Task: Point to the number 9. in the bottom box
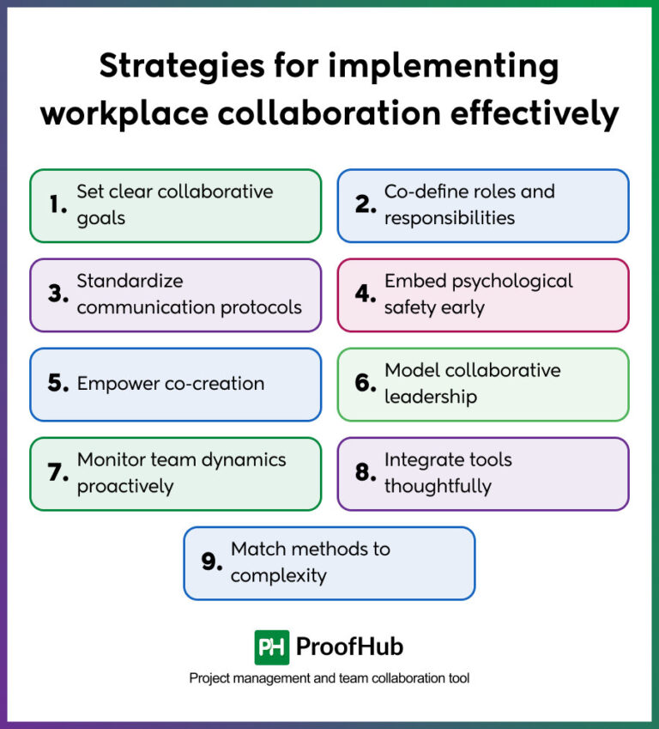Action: click(x=212, y=562)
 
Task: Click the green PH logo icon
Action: click(x=271, y=647)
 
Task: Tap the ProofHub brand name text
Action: click(x=349, y=647)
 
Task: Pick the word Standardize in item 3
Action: click(x=130, y=281)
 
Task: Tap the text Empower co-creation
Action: click(x=170, y=384)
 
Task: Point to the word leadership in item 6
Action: click(x=430, y=397)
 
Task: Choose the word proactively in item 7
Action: click(x=125, y=486)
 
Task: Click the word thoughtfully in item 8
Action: click(x=438, y=486)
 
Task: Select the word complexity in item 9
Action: click(x=278, y=575)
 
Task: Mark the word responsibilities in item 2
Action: click(x=449, y=218)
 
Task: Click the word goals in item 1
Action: click(x=101, y=218)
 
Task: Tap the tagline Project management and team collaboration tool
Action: click(x=329, y=678)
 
